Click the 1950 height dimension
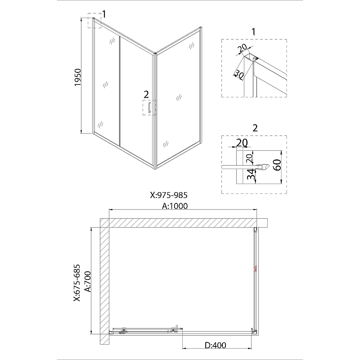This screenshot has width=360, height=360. point(78,77)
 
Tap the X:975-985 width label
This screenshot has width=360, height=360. point(169,195)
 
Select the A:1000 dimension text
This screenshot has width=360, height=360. point(175,206)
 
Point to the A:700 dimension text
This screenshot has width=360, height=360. point(88,282)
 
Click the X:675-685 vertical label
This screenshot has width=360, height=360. point(77,283)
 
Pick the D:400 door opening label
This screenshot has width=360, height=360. point(216,345)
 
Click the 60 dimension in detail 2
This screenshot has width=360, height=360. point(277,165)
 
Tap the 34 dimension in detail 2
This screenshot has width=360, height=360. point(252,174)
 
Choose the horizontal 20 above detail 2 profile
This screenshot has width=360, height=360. point(242,143)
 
